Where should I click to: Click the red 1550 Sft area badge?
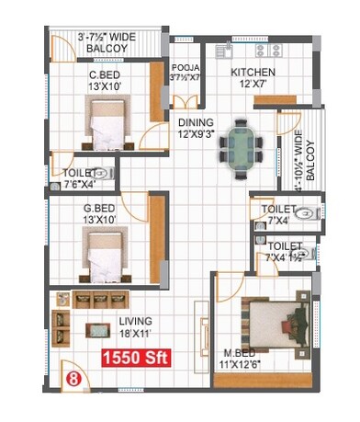coord(136,359)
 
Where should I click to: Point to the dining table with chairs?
coord(242,146)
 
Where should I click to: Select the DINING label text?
coord(197,122)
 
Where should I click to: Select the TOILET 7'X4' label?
coord(277,214)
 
